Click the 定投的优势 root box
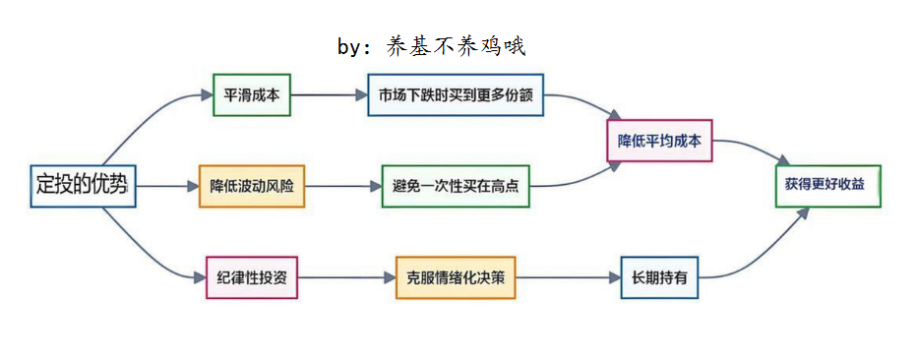tap(83, 184)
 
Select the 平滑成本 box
tap(252, 95)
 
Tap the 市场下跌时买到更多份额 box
tap(456, 95)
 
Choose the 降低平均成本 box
tap(658, 140)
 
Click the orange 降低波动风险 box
tap(252, 185)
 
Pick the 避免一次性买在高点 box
tap(456, 185)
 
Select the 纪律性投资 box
tap(252, 277)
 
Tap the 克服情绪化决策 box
tap(456, 277)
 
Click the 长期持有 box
tap(659, 277)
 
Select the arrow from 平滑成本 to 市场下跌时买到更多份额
tap(329, 95)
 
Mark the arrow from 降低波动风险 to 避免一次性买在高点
tap(343, 185)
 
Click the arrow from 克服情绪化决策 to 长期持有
tap(568, 277)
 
